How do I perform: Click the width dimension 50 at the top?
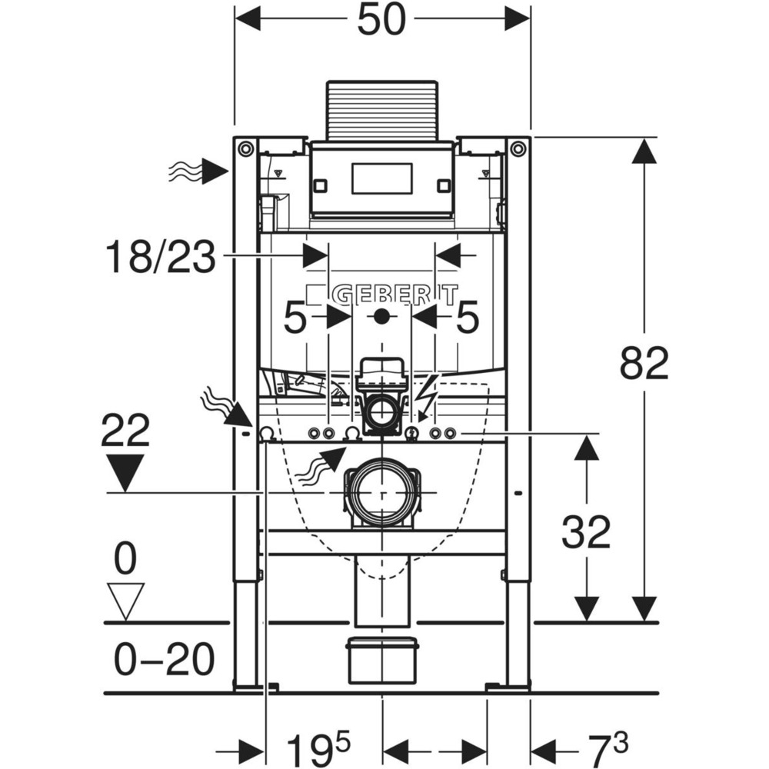pyautogui.click(x=381, y=20)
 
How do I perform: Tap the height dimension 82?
pyautogui.click(x=644, y=364)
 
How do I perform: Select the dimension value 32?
pyautogui.click(x=586, y=531)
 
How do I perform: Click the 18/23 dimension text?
pyautogui.click(x=160, y=257)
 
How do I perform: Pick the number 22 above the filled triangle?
pyautogui.click(x=125, y=431)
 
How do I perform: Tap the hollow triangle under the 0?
pyautogui.click(x=125, y=599)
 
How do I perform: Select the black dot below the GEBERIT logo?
pyautogui.click(x=381, y=316)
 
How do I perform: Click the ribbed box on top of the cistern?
pyautogui.click(x=381, y=110)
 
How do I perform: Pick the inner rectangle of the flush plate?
pyautogui.click(x=381, y=178)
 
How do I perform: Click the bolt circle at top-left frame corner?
pyautogui.click(x=245, y=148)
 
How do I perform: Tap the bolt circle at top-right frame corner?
pyautogui.click(x=518, y=148)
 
